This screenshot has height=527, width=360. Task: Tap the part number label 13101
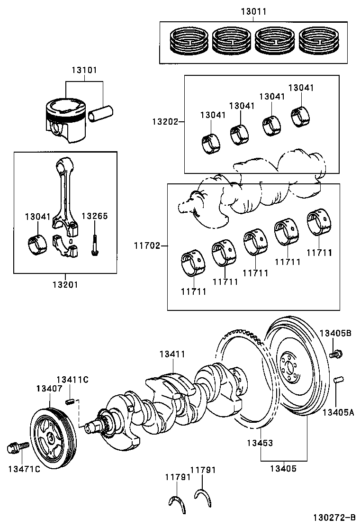[x=84, y=70]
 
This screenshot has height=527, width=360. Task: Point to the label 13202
[x=164, y=122]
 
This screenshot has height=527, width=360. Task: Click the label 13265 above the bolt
[x=95, y=216]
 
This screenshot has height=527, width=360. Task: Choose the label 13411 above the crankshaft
[x=172, y=354]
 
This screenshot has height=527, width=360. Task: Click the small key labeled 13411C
[x=70, y=402]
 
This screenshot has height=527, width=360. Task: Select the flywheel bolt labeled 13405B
[x=336, y=353]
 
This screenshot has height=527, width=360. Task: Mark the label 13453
[x=259, y=443]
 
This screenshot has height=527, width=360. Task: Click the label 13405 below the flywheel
[x=283, y=469]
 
